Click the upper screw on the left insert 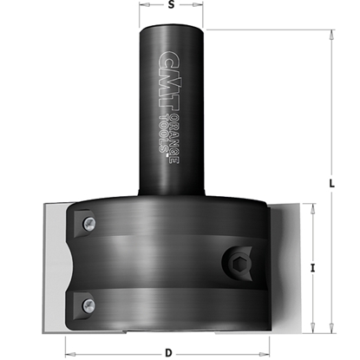click(x=88, y=225)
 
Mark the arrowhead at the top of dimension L click(x=333, y=36)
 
